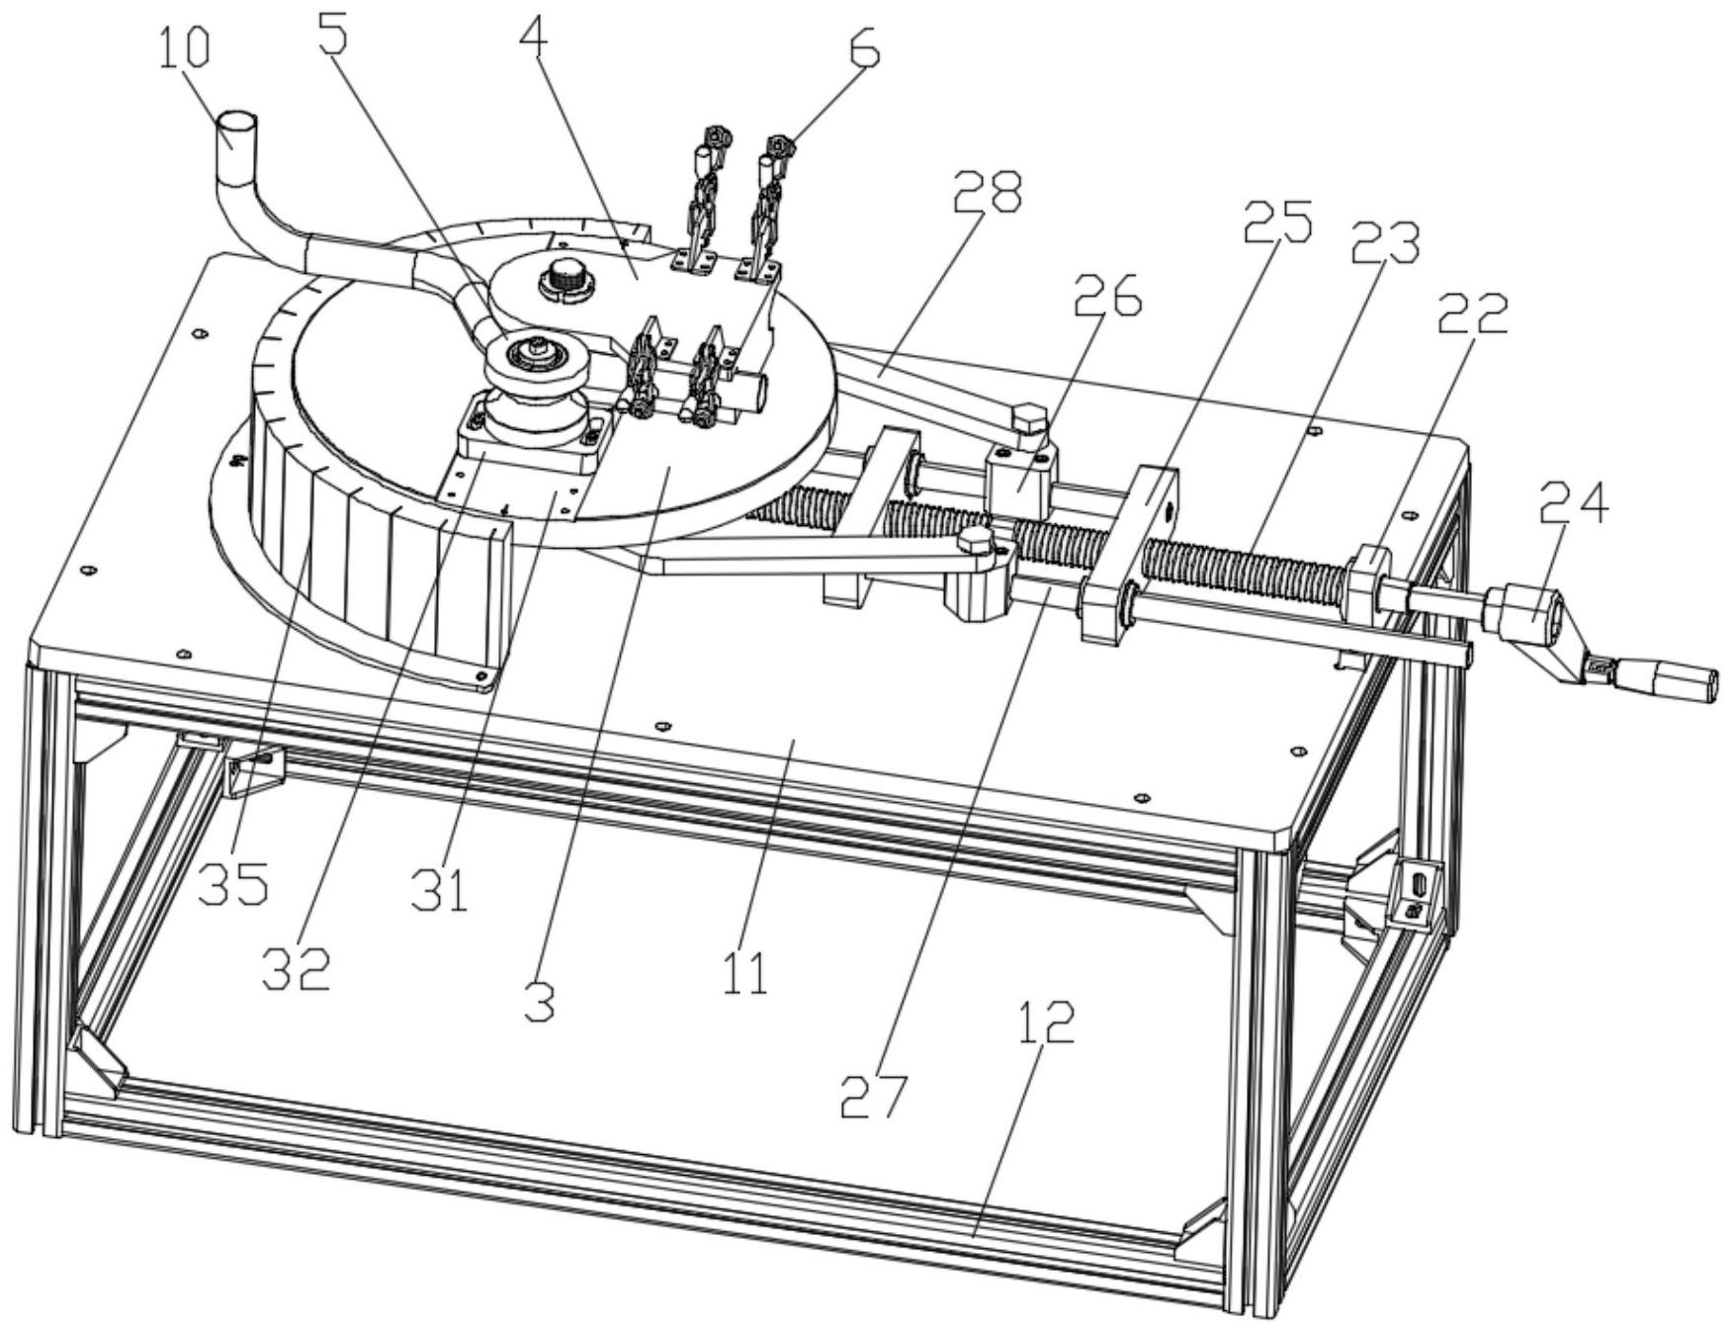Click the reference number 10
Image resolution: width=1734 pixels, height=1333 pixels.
(185, 46)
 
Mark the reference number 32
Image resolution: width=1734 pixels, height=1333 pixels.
(296, 968)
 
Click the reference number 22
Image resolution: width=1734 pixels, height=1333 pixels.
(1473, 315)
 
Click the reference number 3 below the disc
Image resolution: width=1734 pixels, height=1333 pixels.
(540, 1001)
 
